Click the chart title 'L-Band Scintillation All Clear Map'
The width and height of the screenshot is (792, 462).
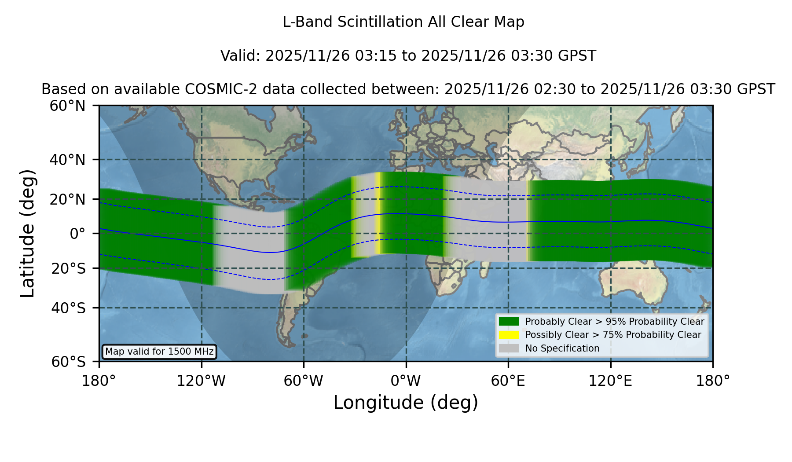[403, 22]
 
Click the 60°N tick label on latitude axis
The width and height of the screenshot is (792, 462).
[68, 106]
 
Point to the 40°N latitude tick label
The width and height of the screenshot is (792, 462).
[68, 160]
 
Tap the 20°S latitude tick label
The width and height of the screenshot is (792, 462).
[69, 268]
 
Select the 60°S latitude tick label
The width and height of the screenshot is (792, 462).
[69, 362]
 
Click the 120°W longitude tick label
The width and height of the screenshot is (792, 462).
[201, 381]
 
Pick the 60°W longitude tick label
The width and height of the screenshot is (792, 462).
[304, 381]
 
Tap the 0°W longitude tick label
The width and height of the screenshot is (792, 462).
[406, 381]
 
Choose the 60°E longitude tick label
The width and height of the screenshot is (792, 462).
[508, 381]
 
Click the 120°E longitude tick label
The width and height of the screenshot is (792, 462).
[610, 381]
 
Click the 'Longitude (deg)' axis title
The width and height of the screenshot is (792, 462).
[406, 403]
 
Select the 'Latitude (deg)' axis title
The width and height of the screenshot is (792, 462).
[27, 233]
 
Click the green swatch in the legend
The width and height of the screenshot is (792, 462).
[509, 321]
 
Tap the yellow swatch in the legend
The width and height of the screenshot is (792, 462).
[509, 334]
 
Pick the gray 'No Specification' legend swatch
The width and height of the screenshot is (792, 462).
[509, 348]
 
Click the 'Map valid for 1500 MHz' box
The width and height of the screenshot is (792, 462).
[159, 352]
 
